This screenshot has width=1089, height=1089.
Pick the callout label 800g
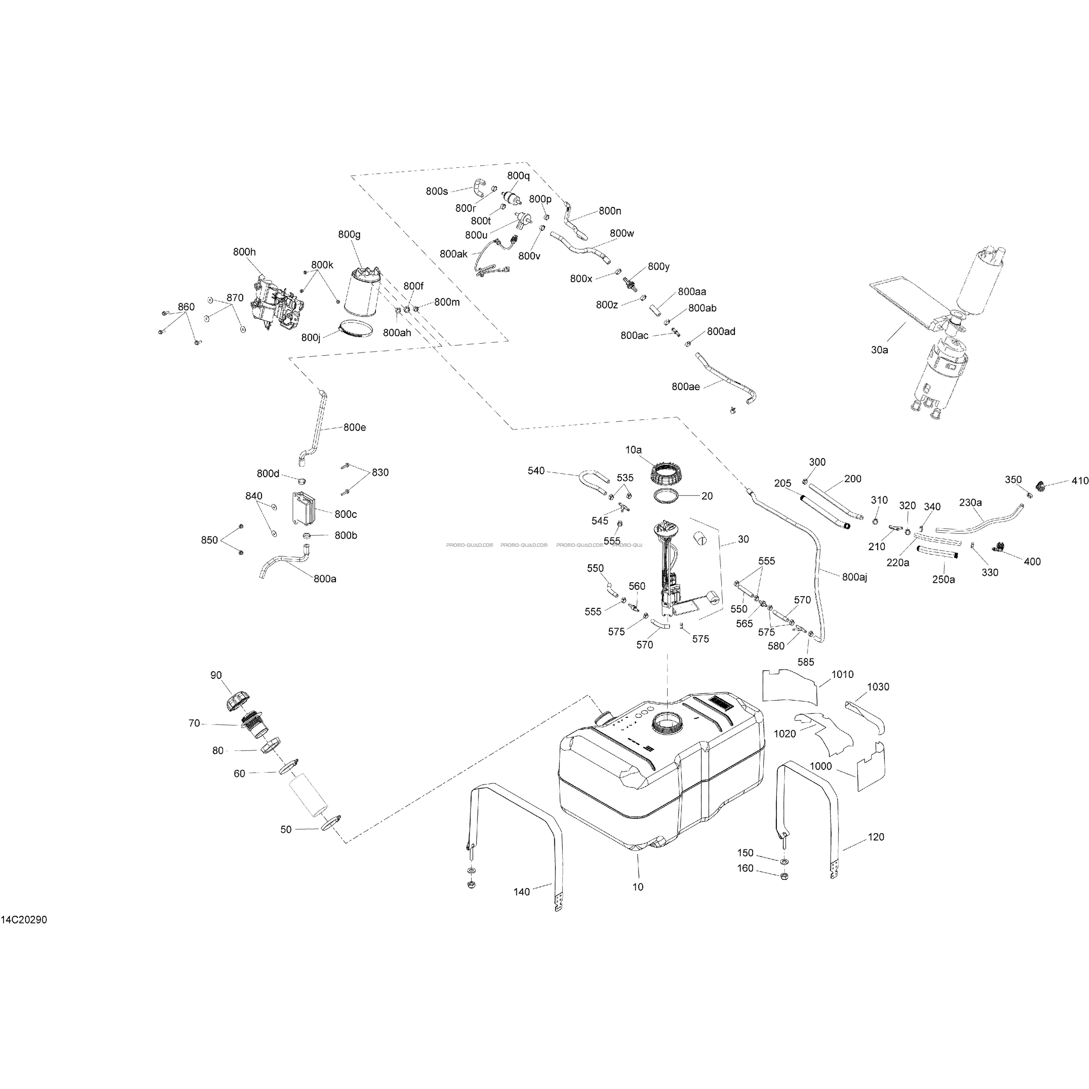pos(349,234)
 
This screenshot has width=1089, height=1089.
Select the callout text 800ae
pos(685,387)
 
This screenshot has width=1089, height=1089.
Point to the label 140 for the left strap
pos(521,892)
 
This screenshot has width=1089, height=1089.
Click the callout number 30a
pos(879,350)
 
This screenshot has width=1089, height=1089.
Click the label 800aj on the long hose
pos(855,577)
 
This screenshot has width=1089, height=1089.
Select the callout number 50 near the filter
pos(286,830)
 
